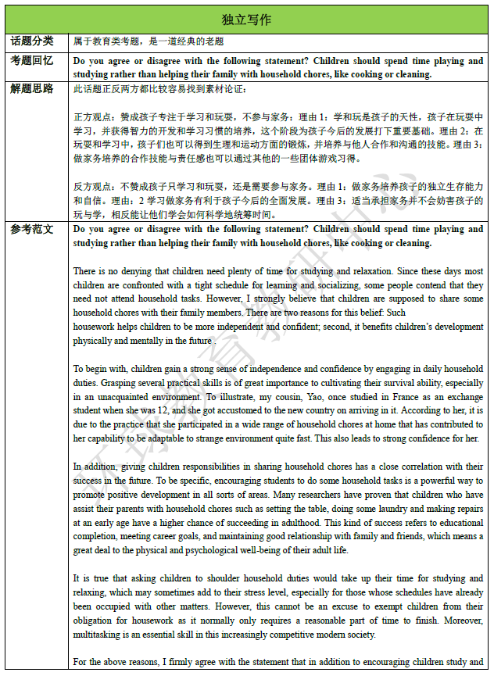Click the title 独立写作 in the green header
tap(247, 20)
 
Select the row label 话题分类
tap(32, 41)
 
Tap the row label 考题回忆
tap(32, 61)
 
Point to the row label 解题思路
tap(32, 88)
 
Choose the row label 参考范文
tap(32, 230)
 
